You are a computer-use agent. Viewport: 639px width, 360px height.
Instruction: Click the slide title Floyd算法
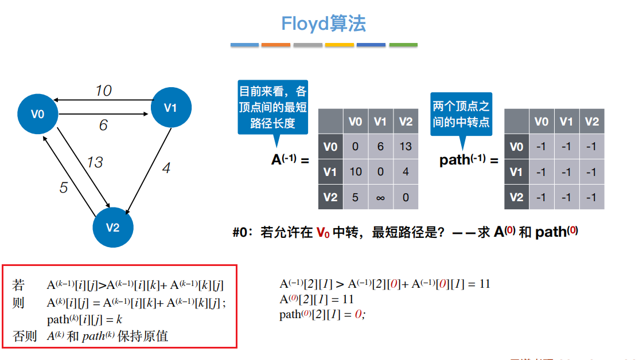click(x=324, y=24)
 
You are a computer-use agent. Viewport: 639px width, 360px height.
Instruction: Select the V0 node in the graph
click(x=38, y=114)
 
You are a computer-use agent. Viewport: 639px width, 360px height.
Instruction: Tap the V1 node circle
click(x=171, y=107)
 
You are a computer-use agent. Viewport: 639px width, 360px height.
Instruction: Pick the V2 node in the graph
click(x=113, y=228)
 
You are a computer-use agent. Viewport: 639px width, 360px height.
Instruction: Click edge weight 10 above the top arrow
click(x=103, y=91)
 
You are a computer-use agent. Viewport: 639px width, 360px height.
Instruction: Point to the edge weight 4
click(x=166, y=169)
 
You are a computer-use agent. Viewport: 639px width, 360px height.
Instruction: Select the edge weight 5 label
click(x=64, y=187)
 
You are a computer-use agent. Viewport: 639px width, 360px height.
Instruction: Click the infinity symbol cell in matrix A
click(x=381, y=197)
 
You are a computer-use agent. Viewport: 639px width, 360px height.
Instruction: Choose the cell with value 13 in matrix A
click(x=406, y=146)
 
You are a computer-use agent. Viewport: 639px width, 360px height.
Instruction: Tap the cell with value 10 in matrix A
click(x=356, y=172)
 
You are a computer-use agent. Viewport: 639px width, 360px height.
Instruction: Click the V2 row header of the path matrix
click(x=516, y=197)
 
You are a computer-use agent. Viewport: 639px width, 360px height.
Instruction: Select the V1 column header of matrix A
click(x=380, y=121)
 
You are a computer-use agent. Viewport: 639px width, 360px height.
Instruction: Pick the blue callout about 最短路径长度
click(x=273, y=107)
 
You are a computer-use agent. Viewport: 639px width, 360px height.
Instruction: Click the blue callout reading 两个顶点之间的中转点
click(x=461, y=114)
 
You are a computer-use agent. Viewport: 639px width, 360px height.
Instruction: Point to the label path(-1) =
click(x=468, y=160)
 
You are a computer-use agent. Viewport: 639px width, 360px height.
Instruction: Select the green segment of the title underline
click(x=403, y=45)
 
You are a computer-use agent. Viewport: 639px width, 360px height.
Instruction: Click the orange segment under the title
click(x=276, y=45)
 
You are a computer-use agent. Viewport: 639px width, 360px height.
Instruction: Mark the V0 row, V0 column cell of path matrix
click(x=540, y=146)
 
